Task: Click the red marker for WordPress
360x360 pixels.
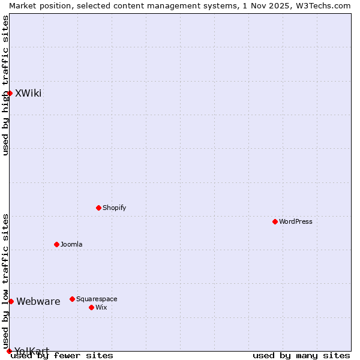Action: click(275, 221)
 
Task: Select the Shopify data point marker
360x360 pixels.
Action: click(98, 208)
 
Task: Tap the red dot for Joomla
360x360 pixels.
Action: click(56, 244)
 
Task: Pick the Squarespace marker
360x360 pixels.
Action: click(72, 299)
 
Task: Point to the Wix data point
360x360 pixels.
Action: click(91, 307)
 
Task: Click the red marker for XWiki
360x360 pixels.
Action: click(10, 93)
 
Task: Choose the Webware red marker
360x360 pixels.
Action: click(11, 301)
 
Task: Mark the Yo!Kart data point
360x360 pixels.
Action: click(9, 351)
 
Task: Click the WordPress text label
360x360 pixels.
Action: click(296, 221)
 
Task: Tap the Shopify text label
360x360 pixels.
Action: click(115, 208)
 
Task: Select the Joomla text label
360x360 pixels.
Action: click(71, 244)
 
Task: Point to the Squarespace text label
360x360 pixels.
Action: click(97, 299)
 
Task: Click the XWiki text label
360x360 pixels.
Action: click(28, 93)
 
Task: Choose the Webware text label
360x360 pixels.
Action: click(38, 301)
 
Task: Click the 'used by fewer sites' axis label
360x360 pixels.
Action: click(62, 355)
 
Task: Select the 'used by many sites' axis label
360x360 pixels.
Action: click(301, 355)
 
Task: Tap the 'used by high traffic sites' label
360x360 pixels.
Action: click(5, 85)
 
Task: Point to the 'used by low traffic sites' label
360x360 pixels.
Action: click(5, 281)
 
